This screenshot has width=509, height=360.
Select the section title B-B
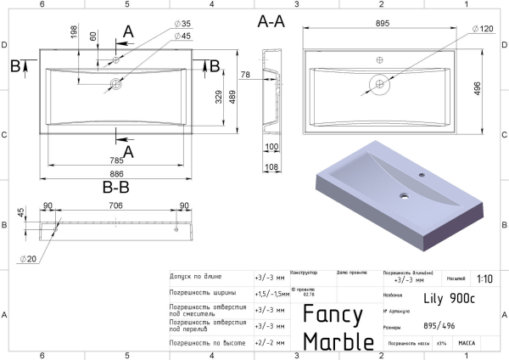tap(115, 185)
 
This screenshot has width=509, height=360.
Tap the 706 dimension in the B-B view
tap(115, 205)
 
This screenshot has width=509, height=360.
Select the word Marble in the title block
tap(338, 340)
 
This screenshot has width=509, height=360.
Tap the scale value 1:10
tap(485, 278)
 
